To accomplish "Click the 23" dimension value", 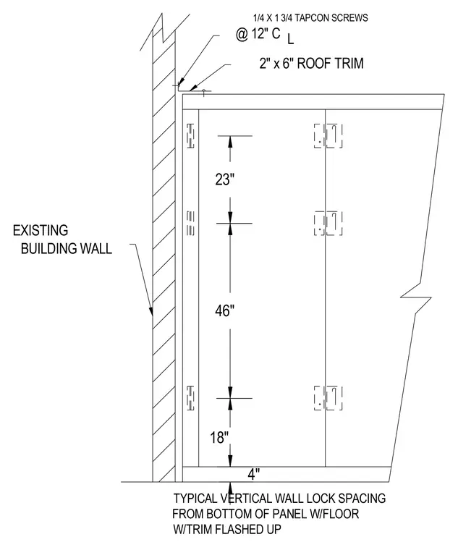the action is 224,179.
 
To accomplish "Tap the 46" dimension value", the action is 224,310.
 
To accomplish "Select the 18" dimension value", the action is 219,437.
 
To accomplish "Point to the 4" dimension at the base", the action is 253,475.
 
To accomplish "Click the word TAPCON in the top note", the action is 310,18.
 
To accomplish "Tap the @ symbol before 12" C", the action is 242,35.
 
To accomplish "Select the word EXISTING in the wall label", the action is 41,230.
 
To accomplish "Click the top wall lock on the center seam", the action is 328,135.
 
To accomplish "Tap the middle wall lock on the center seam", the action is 328,223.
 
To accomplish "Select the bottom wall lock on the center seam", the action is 328,398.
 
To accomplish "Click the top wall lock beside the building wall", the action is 190,135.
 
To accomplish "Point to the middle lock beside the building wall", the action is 190,223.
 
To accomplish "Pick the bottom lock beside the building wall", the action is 190,398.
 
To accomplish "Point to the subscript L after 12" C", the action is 291,40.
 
